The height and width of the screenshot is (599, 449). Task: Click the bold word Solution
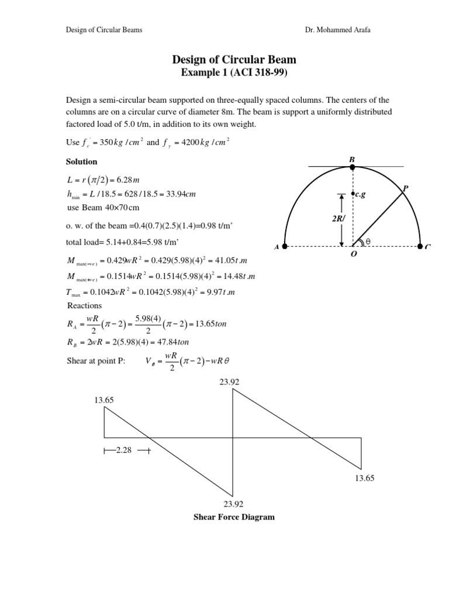click(82, 161)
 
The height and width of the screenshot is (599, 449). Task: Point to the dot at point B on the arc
click(352, 167)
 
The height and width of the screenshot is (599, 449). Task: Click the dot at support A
click(285, 246)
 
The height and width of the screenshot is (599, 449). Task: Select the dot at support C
click(420, 246)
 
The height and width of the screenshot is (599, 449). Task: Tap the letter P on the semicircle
click(405, 188)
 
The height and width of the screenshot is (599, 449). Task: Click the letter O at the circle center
click(353, 256)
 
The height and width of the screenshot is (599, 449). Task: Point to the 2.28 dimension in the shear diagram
click(125, 450)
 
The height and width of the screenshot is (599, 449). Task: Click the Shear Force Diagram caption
click(234, 517)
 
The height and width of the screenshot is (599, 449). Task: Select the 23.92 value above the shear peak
click(229, 381)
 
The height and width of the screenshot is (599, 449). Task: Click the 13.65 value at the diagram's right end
click(364, 478)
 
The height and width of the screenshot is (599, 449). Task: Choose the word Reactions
click(85, 305)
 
